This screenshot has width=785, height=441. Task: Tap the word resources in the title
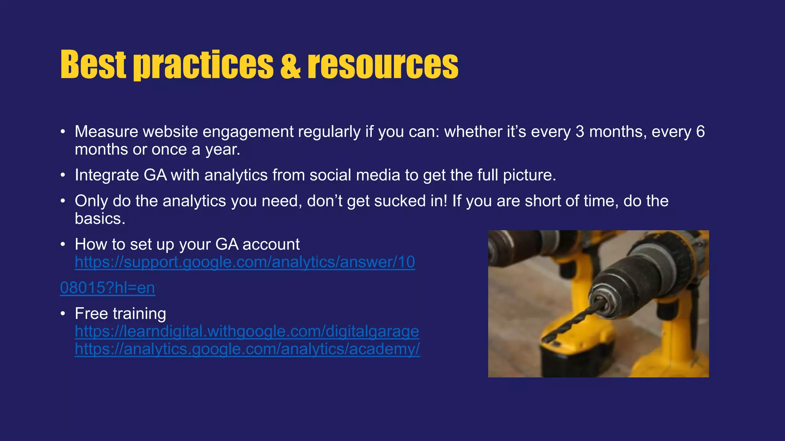pos(383,65)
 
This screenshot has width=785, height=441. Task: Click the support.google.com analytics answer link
pos(245,262)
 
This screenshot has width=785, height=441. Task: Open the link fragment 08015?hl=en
pos(107,288)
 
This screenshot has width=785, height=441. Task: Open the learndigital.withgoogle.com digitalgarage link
pos(246,332)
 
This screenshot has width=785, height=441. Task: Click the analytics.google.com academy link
pos(247,349)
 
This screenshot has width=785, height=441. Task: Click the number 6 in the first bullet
pos(700,132)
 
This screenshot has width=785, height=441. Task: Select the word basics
pos(100,219)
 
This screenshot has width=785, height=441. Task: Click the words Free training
pos(120,314)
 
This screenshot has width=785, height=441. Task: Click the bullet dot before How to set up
pos(63,245)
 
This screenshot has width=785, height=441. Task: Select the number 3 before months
pos(580,132)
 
